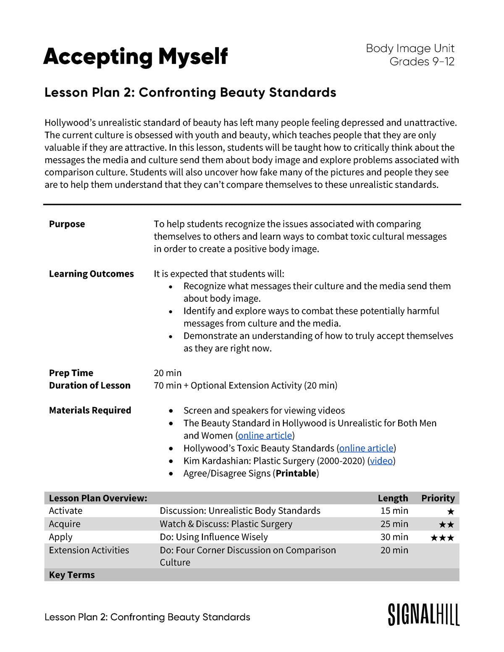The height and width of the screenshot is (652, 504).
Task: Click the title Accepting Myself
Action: pyautogui.click(x=135, y=57)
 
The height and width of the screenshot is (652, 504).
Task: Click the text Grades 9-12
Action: pyautogui.click(x=422, y=62)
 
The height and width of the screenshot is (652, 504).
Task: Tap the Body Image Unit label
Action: pyautogui.click(x=410, y=48)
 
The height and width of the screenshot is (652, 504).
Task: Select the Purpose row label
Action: pyautogui.click(x=67, y=224)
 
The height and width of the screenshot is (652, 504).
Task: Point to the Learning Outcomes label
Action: pyautogui.click(x=91, y=274)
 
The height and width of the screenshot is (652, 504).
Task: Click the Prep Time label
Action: pyautogui.click(x=71, y=373)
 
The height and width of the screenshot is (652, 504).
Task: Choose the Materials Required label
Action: pyautogui.click(x=90, y=410)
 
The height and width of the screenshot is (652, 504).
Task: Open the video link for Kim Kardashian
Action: pyautogui.click(x=381, y=461)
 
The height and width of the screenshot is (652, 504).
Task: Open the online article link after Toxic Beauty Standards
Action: pyautogui.click(x=366, y=448)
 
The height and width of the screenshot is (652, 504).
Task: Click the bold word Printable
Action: pyautogui.click(x=296, y=474)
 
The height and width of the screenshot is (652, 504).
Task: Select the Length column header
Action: pyautogui.click(x=393, y=498)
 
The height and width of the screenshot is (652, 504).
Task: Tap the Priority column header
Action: pyautogui.click(x=438, y=498)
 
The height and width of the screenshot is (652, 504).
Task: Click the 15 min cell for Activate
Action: pyautogui.click(x=394, y=511)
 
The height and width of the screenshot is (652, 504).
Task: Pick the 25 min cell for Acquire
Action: pyautogui.click(x=394, y=524)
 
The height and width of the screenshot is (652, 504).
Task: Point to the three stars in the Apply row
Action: pyautogui.click(x=442, y=538)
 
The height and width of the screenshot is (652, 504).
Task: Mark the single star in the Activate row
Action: pyautogui.click(x=451, y=511)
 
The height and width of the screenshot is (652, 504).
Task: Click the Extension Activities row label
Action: pyautogui.click(x=89, y=550)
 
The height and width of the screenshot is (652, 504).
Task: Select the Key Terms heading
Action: pyautogui.click(x=72, y=575)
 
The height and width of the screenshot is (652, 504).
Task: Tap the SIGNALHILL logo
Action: pyautogui.click(x=423, y=615)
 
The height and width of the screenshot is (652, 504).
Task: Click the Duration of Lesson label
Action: pyautogui.click(x=89, y=385)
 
